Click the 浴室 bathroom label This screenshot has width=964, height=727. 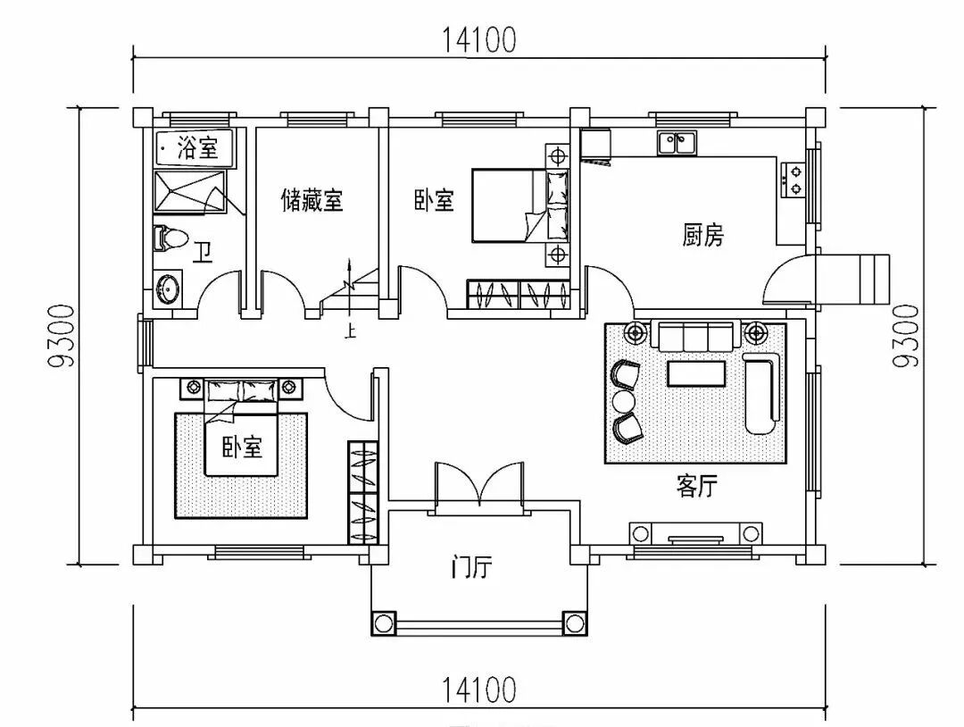(197, 146)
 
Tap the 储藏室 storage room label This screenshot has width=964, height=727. (312, 200)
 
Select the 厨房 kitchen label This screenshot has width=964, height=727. (703, 236)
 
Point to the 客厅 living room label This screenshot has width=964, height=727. (697, 487)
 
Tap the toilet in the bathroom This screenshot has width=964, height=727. (170, 238)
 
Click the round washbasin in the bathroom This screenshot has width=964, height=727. (167, 288)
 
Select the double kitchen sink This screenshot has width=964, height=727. (677, 142)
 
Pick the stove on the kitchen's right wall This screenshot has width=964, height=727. (792, 179)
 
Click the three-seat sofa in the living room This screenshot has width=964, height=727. (696, 337)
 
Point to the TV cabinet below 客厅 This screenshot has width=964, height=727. (696, 533)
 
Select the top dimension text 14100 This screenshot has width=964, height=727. (478, 40)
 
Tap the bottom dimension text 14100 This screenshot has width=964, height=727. (478, 689)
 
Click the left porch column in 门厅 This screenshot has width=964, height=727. (384, 623)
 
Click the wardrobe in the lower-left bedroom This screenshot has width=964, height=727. (362, 491)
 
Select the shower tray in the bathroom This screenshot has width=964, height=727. (189, 191)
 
